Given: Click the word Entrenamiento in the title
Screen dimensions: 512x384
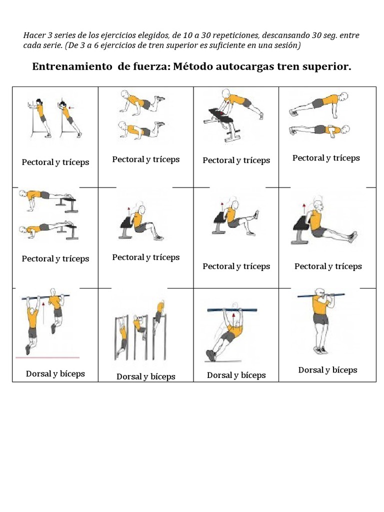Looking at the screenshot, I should [x=73, y=66].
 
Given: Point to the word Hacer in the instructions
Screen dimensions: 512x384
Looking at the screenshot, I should [x=34, y=35].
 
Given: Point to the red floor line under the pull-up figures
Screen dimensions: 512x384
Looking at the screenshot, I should [x=47, y=357].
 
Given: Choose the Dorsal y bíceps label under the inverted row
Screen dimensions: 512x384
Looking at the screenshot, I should [x=236, y=375].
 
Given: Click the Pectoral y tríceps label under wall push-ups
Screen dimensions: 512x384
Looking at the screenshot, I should [x=55, y=162].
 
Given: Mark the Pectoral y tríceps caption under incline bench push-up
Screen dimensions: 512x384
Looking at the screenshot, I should [x=236, y=160].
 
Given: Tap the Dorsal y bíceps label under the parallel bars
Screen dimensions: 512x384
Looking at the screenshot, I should [x=146, y=376].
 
